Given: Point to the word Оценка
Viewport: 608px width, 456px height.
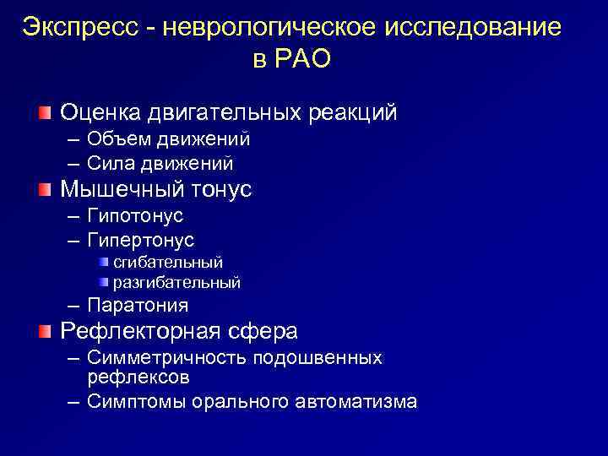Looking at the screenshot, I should point(100,112).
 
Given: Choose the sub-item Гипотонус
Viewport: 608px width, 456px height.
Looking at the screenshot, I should point(135,216).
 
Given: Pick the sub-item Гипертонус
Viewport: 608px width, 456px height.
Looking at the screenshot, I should point(140,240).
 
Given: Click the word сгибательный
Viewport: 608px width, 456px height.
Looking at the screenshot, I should point(168,263).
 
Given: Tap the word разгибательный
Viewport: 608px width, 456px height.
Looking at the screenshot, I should point(176,283).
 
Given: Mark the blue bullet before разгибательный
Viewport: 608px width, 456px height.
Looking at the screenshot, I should point(103,282).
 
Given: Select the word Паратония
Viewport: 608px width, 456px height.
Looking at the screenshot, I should point(138,305).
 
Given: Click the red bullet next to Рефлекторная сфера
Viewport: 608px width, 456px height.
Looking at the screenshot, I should point(44,329).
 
